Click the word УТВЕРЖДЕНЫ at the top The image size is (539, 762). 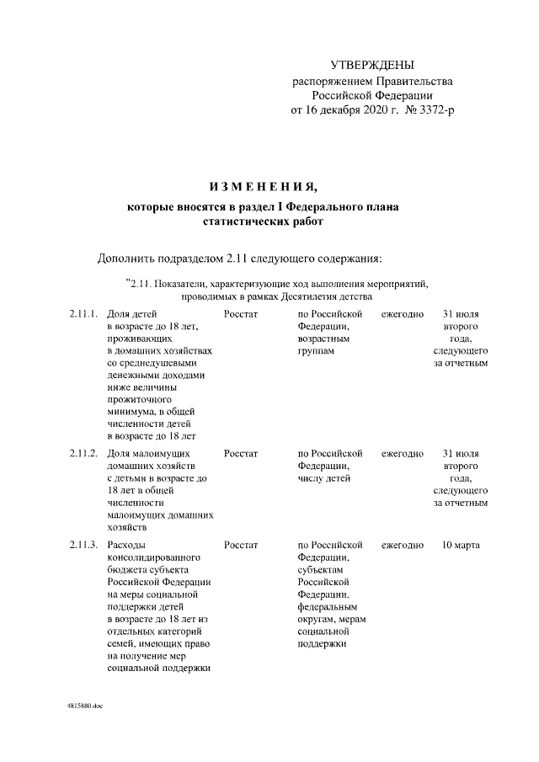coord(371,65)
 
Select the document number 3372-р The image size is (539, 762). coord(435,109)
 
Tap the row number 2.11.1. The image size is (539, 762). coord(84,313)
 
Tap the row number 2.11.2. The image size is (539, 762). coord(84,454)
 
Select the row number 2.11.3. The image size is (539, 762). coord(84,546)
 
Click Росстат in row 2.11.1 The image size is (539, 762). coord(241,313)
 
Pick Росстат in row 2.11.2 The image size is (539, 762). coord(241,454)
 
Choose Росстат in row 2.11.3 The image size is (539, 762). coord(241,546)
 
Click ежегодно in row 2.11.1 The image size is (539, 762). coord(403,313)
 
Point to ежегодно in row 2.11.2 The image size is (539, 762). coord(403,454)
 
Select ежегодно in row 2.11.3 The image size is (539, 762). coord(403,546)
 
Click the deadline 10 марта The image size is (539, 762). coord(461,546)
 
